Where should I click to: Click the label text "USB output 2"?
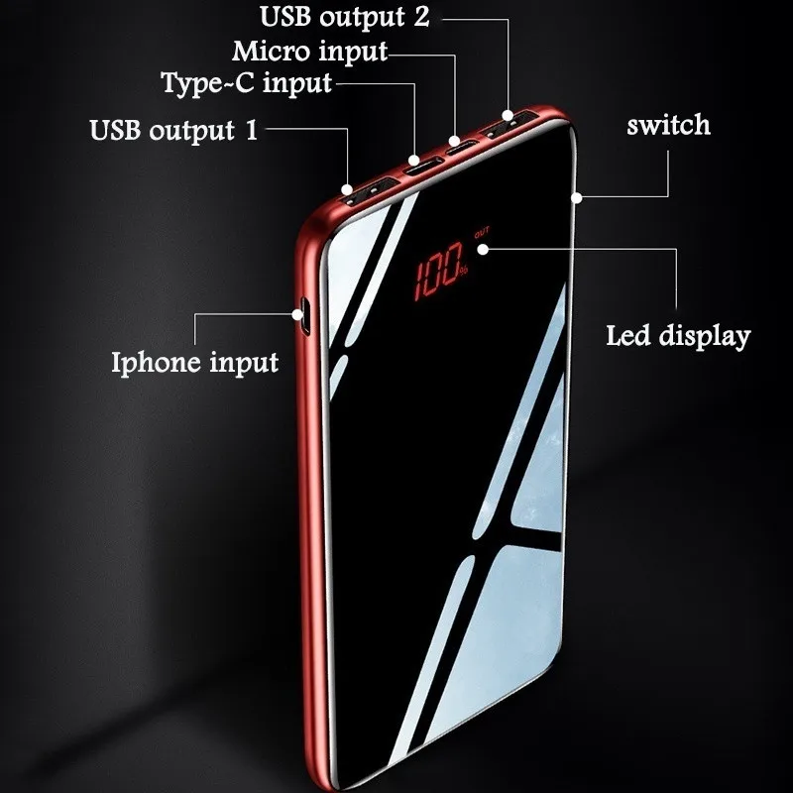[x=344, y=17]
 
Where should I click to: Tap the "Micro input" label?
[x=309, y=53]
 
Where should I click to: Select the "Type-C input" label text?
[x=246, y=83]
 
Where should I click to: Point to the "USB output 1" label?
[x=173, y=130]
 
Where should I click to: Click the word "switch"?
[x=668, y=125]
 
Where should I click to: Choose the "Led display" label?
[x=678, y=336]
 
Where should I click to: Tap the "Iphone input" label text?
[x=194, y=363]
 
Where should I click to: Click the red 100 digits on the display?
[x=438, y=271]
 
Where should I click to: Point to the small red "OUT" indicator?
[x=482, y=232]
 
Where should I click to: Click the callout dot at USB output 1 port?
[x=346, y=189]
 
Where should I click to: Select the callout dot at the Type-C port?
[x=413, y=161]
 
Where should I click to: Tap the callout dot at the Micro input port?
[x=455, y=141]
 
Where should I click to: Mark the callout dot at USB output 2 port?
[x=508, y=115]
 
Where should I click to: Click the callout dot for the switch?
[x=577, y=197]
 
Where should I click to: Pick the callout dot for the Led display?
[x=483, y=250]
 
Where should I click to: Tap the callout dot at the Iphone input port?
[x=297, y=314]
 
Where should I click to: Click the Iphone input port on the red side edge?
[x=306, y=316]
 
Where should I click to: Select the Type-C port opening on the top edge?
[x=423, y=167]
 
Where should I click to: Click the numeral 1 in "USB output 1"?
[x=252, y=130]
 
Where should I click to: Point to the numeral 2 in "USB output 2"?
[x=421, y=16]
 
